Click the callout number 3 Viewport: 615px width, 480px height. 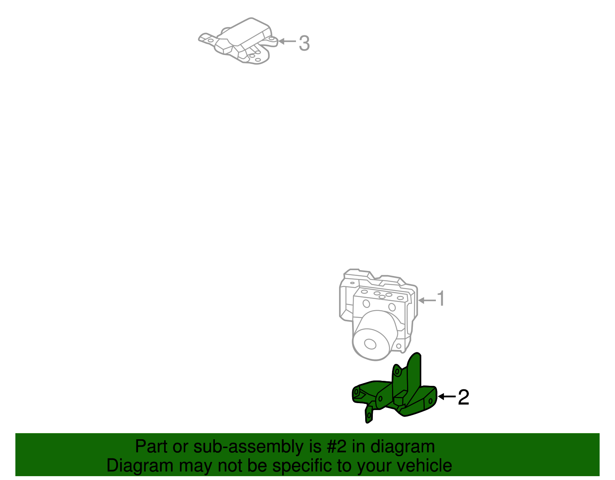point(304,43)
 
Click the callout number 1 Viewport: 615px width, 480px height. point(441,299)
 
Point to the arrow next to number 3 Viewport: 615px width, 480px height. point(287,41)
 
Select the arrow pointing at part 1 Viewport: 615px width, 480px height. point(427,301)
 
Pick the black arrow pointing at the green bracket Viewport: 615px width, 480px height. point(447,396)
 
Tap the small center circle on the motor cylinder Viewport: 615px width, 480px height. point(370,344)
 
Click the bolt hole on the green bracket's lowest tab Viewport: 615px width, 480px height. point(369,415)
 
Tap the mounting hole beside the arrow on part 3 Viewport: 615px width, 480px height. point(272,39)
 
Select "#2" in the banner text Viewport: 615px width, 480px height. point(337,447)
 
